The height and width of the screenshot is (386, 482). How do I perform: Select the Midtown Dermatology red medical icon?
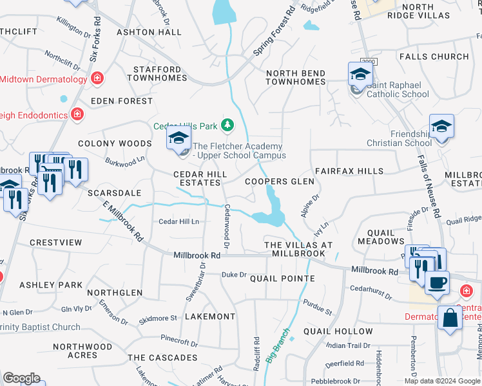tap(97, 79)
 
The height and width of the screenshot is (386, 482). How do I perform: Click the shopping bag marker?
tap(449, 317)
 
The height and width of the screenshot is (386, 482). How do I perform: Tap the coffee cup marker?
tap(437, 282)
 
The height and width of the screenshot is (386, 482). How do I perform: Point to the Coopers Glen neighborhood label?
tap(280, 181)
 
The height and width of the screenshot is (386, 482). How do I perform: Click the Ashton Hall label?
tap(149, 32)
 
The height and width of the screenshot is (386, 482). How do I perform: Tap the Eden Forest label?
tap(122, 101)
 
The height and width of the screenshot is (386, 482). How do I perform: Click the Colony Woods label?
tap(105, 143)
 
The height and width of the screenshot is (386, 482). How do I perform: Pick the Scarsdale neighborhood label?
tap(115, 192)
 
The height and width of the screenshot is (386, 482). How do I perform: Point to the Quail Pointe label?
tap(282, 279)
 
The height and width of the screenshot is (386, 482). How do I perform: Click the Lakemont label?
tap(210, 317)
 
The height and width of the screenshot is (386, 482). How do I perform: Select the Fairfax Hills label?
tap(349, 171)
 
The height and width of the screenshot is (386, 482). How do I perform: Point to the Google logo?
tap(21, 378)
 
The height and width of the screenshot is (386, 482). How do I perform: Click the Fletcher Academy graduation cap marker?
tap(178, 138)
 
